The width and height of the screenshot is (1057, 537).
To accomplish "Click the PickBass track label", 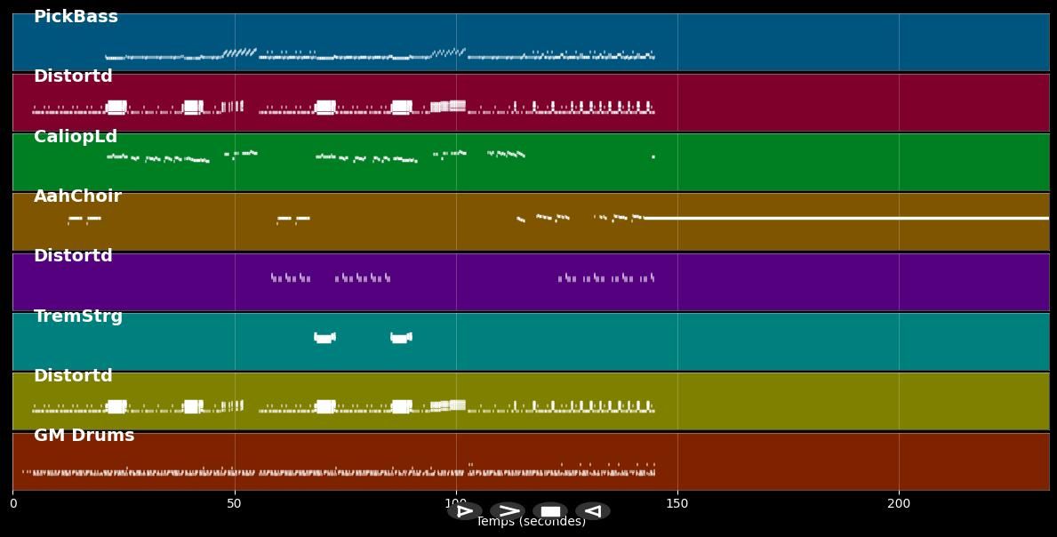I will pyautogui.click(x=76, y=17).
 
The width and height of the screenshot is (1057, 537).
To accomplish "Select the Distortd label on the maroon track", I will pyautogui.click(x=73, y=76).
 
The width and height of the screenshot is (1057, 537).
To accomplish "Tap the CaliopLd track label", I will pyautogui.click(x=76, y=137).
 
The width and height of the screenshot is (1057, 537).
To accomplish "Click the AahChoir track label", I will pyautogui.click(x=77, y=196).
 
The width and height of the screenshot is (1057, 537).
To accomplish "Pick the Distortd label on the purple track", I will pyautogui.click(x=73, y=256).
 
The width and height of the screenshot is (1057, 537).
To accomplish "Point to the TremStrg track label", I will pyautogui.click(x=78, y=317).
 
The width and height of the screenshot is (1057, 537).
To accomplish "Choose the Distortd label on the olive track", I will pyautogui.click(x=73, y=376).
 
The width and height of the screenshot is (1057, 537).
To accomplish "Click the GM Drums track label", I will pyautogui.click(x=84, y=436).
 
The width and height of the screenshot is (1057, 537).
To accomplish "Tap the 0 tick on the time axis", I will pyautogui.click(x=13, y=503).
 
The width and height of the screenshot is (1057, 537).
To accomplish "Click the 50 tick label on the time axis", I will pyautogui.click(x=235, y=503).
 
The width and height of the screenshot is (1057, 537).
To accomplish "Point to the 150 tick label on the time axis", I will pyautogui.click(x=677, y=503).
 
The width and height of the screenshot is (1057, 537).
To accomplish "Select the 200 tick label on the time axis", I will pyautogui.click(x=899, y=503).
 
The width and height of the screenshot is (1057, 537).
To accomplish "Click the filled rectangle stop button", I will pyautogui.click(x=550, y=511).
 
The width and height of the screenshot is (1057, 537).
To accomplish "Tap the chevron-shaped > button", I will pyautogui.click(x=508, y=511).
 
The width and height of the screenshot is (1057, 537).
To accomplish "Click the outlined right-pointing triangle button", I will pyautogui.click(x=465, y=511).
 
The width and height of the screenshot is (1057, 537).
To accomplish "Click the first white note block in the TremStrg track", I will pyautogui.click(x=324, y=338).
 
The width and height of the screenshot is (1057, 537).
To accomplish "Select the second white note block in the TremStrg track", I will pyautogui.click(x=401, y=338).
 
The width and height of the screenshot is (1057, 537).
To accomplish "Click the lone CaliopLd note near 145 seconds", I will pyautogui.click(x=653, y=157).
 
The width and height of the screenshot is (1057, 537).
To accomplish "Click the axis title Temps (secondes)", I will pyautogui.click(x=531, y=522).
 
